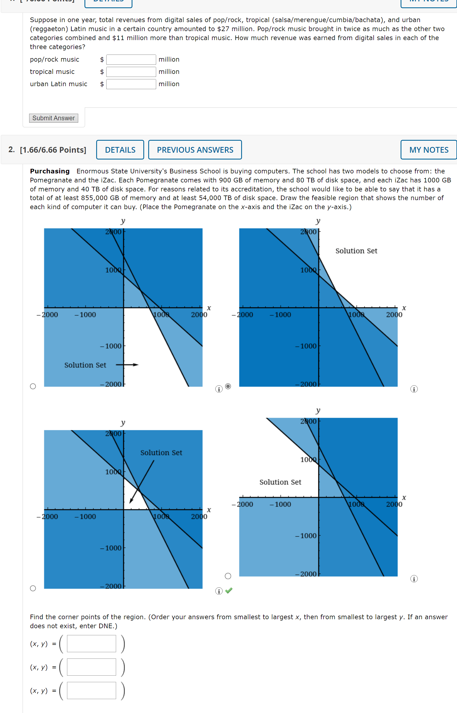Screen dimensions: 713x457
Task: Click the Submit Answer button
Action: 53,118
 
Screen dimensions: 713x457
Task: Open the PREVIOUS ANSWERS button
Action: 195,150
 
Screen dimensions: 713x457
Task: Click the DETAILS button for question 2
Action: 120,150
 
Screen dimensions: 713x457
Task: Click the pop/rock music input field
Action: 131,60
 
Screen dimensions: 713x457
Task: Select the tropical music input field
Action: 131,72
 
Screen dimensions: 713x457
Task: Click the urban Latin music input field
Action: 131,84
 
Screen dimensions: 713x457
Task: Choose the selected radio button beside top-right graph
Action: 228,386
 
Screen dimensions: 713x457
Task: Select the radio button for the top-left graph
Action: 33,386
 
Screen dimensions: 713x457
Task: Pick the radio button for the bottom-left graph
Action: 33,588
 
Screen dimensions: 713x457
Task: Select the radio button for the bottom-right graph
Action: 228,576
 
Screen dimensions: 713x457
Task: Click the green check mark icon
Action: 229,590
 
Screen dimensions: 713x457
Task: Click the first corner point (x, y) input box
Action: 91,643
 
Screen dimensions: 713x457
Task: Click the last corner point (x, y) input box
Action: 91,690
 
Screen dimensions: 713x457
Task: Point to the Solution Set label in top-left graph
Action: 85,365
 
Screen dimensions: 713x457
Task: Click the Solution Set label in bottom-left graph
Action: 161,453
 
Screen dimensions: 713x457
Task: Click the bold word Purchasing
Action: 50,171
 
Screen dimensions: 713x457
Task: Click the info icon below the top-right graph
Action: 414,389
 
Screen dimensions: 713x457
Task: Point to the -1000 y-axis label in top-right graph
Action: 306,346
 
